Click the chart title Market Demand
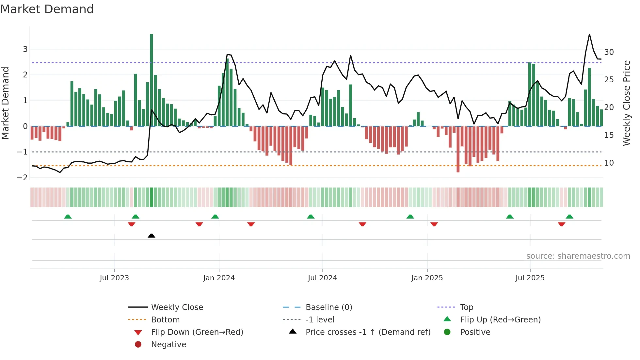(x=47, y=9)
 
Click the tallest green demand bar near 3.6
(x=152, y=78)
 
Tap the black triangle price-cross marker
(x=152, y=236)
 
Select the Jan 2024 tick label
(x=219, y=278)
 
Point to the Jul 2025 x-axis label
(x=530, y=278)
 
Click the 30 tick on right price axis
(x=609, y=52)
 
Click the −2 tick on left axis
(x=23, y=177)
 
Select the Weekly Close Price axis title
(x=626, y=103)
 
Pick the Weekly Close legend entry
(x=177, y=307)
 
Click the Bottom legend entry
(x=165, y=320)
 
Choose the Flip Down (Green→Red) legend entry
(x=197, y=332)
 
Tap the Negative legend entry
(x=168, y=345)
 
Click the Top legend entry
(x=467, y=307)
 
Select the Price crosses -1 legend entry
(x=368, y=332)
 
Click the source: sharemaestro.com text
(x=578, y=256)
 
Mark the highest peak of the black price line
(x=589, y=34)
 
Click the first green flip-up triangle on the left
(x=68, y=217)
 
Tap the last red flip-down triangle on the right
(x=562, y=224)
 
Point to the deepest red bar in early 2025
(x=458, y=150)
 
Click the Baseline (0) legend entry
(x=328, y=307)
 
